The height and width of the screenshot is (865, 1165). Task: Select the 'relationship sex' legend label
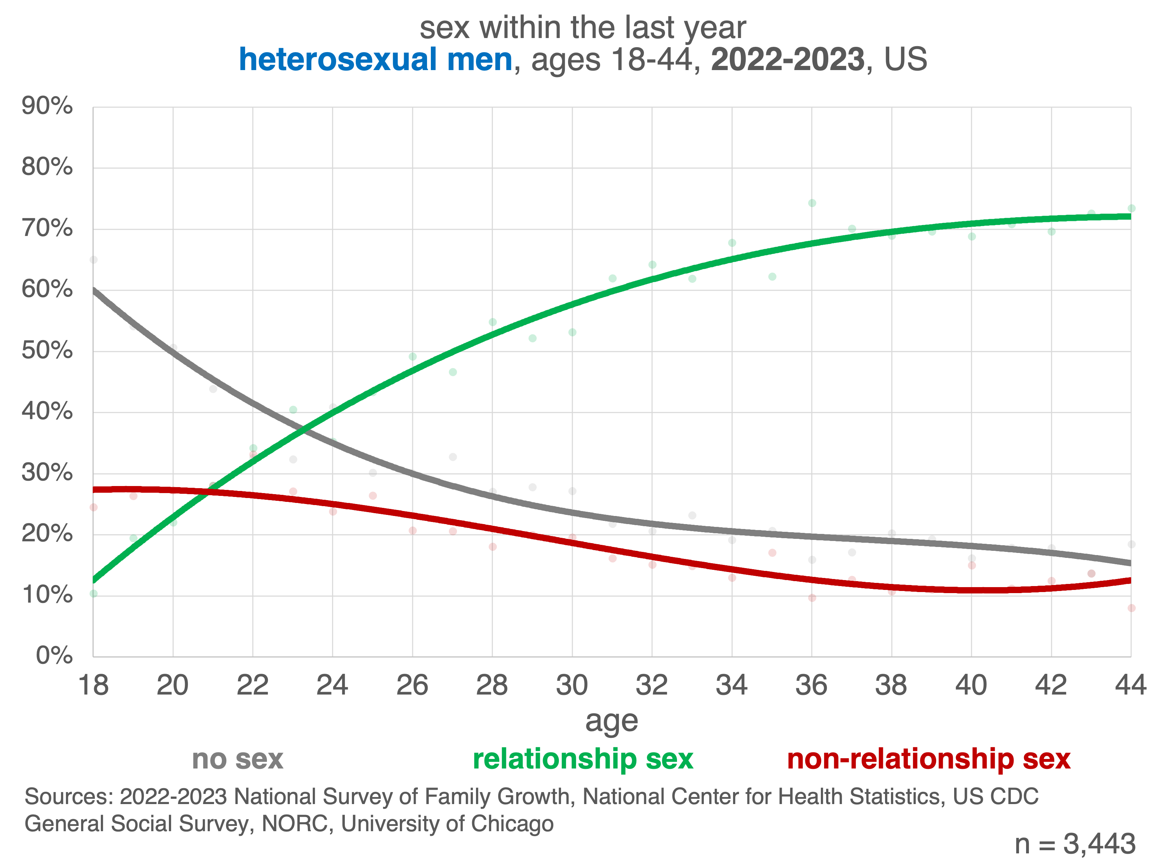click(x=583, y=759)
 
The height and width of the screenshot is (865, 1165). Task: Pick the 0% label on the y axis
click(x=54, y=655)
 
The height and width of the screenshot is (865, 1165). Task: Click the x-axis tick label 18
click(x=93, y=685)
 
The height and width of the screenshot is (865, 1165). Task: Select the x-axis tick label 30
click(x=572, y=685)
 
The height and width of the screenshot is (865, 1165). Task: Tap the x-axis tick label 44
click(x=1130, y=685)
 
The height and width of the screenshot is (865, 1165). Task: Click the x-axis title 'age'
click(x=611, y=722)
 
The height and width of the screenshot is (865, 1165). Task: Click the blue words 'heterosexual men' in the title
click(x=375, y=59)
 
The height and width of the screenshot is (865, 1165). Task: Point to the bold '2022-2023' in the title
click(x=787, y=59)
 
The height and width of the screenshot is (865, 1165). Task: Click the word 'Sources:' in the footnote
click(x=69, y=796)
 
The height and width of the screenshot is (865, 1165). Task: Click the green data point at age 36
click(x=812, y=203)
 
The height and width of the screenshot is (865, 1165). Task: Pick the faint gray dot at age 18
click(x=94, y=260)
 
